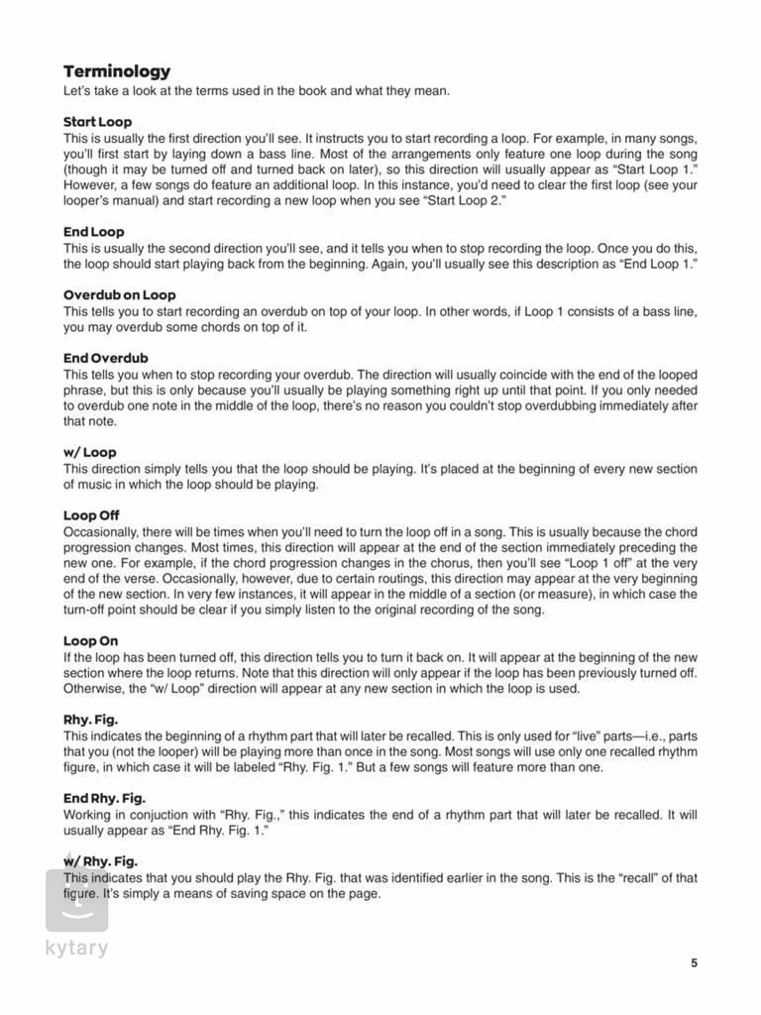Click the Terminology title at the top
(x=117, y=71)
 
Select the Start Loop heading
(x=97, y=122)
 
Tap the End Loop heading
(x=94, y=232)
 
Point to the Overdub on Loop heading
(x=119, y=294)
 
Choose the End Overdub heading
(x=106, y=358)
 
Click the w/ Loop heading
(x=89, y=452)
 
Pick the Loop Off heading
(x=91, y=515)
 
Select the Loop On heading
(x=90, y=641)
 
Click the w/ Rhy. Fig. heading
(x=100, y=861)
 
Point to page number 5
(x=695, y=961)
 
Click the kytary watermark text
(x=76, y=948)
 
